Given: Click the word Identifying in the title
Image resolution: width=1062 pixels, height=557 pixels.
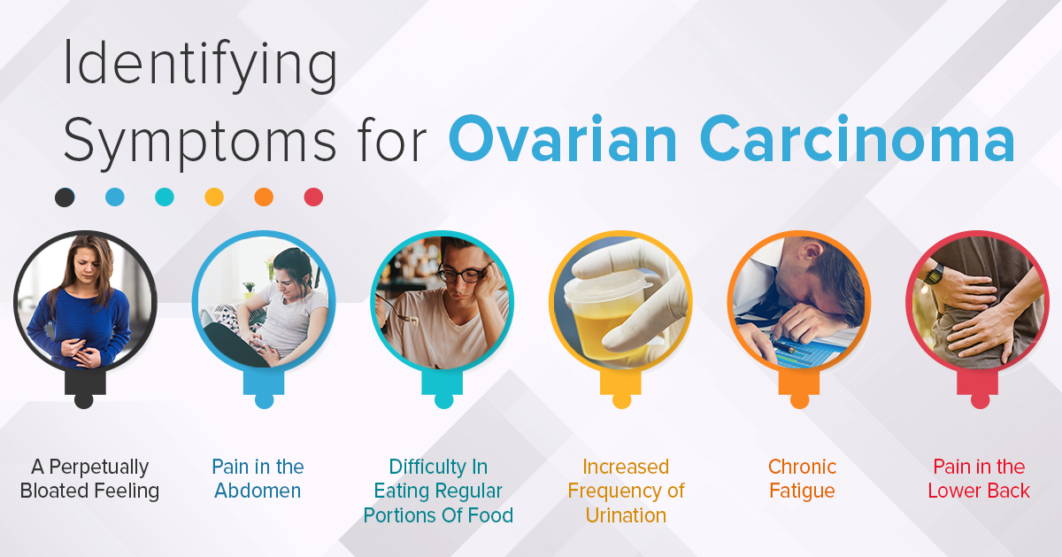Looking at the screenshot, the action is pos(200,66).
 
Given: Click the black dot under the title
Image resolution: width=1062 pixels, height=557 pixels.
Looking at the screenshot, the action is pos(65,197).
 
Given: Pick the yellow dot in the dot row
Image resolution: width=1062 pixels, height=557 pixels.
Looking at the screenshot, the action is pos(214,197).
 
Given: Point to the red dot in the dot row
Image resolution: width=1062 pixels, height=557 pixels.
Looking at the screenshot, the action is pos(313,197).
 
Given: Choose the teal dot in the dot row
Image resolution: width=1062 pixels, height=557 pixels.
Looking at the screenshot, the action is pos(165,197).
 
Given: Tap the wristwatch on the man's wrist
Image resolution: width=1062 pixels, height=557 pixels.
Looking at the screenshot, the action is pos(933,274).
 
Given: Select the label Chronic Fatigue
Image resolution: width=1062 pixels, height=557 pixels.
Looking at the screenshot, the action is pos(802,479).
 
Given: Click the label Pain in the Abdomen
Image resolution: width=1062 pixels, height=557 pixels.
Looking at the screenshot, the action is pos(258,479).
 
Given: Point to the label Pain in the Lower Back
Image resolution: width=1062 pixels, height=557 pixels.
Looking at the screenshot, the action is pos(979,479).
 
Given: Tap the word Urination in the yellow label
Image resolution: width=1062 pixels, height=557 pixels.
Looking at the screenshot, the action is pos(626,515).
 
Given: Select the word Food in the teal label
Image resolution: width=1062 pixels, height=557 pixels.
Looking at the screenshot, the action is pos(490,515).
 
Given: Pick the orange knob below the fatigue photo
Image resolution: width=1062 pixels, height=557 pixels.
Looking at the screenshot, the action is pos(799,401).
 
